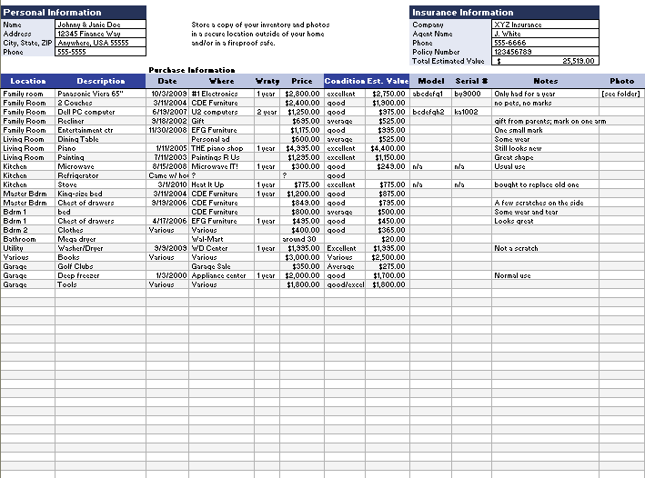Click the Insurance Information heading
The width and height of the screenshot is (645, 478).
[462, 13]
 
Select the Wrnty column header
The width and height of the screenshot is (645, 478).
[267, 81]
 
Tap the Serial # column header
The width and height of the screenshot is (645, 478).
[471, 81]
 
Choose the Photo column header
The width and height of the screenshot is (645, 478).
[621, 81]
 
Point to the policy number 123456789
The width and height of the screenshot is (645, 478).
[511, 52]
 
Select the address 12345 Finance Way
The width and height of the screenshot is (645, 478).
[88, 34]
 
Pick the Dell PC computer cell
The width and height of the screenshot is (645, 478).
[86, 112]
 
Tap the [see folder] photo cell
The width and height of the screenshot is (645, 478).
[620, 94]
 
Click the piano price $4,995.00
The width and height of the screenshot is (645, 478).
[302, 148]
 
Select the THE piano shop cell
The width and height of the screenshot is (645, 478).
[217, 148]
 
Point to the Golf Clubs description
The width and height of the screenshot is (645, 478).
[76, 266]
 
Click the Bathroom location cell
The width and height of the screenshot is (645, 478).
[20, 239]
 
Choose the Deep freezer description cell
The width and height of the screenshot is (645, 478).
[79, 275]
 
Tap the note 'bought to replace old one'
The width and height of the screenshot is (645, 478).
[536, 184]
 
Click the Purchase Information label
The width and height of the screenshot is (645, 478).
[191, 70]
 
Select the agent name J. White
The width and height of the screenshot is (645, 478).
[508, 34]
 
